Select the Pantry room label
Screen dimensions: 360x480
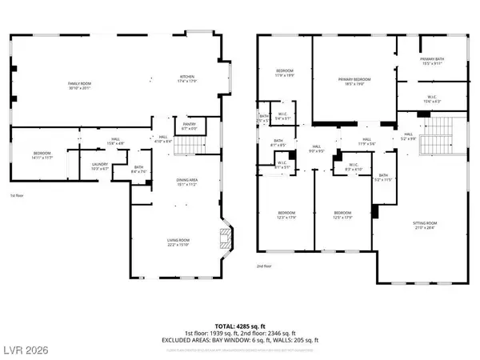(190, 126)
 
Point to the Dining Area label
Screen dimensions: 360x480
(186, 183)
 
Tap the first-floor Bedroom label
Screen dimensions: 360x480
(42, 154)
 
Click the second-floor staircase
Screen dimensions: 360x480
(438, 135)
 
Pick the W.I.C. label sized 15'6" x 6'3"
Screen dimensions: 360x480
(431, 99)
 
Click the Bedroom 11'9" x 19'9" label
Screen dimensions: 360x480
(284, 73)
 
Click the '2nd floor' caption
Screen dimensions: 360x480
(265, 266)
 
